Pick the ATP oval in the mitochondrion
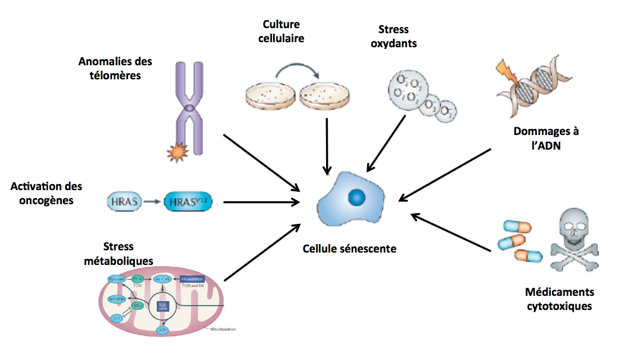pos(162,330)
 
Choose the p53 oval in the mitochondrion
pos(116,318)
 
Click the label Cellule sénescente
pos(349,248)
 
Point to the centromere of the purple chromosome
pos(191,107)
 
